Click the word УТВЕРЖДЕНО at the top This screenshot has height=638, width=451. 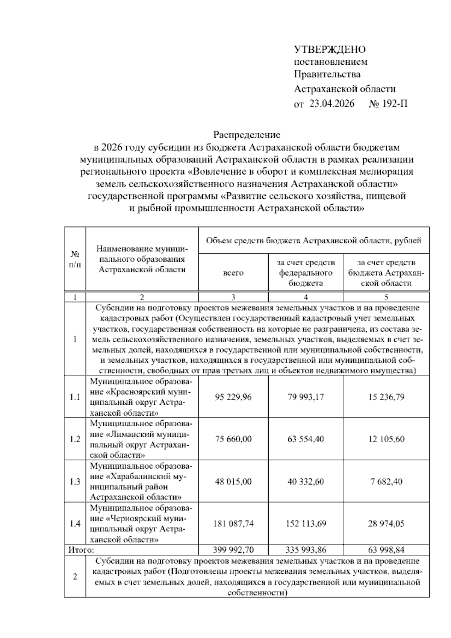tap(330, 49)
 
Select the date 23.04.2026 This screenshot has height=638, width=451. tap(331, 104)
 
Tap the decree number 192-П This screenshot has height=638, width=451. tap(395, 104)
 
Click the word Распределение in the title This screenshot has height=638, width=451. tap(247, 134)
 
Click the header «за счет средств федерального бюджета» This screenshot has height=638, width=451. tap(306, 273)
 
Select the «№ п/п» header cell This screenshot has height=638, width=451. tap(75, 259)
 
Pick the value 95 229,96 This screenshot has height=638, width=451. tap(233, 397)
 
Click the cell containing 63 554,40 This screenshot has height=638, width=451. tap(306, 439)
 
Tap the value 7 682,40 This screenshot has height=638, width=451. tap(386, 482)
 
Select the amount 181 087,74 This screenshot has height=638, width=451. tap(233, 524)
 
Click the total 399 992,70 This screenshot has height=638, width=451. tap(233, 550)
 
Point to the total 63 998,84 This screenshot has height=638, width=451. tap(386, 550)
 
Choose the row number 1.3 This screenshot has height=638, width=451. tap(75, 482)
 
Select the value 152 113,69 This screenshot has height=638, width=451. tap(306, 524)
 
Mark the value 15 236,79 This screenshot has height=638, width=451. tap(386, 397)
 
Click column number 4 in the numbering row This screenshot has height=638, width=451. tap(306, 297)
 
